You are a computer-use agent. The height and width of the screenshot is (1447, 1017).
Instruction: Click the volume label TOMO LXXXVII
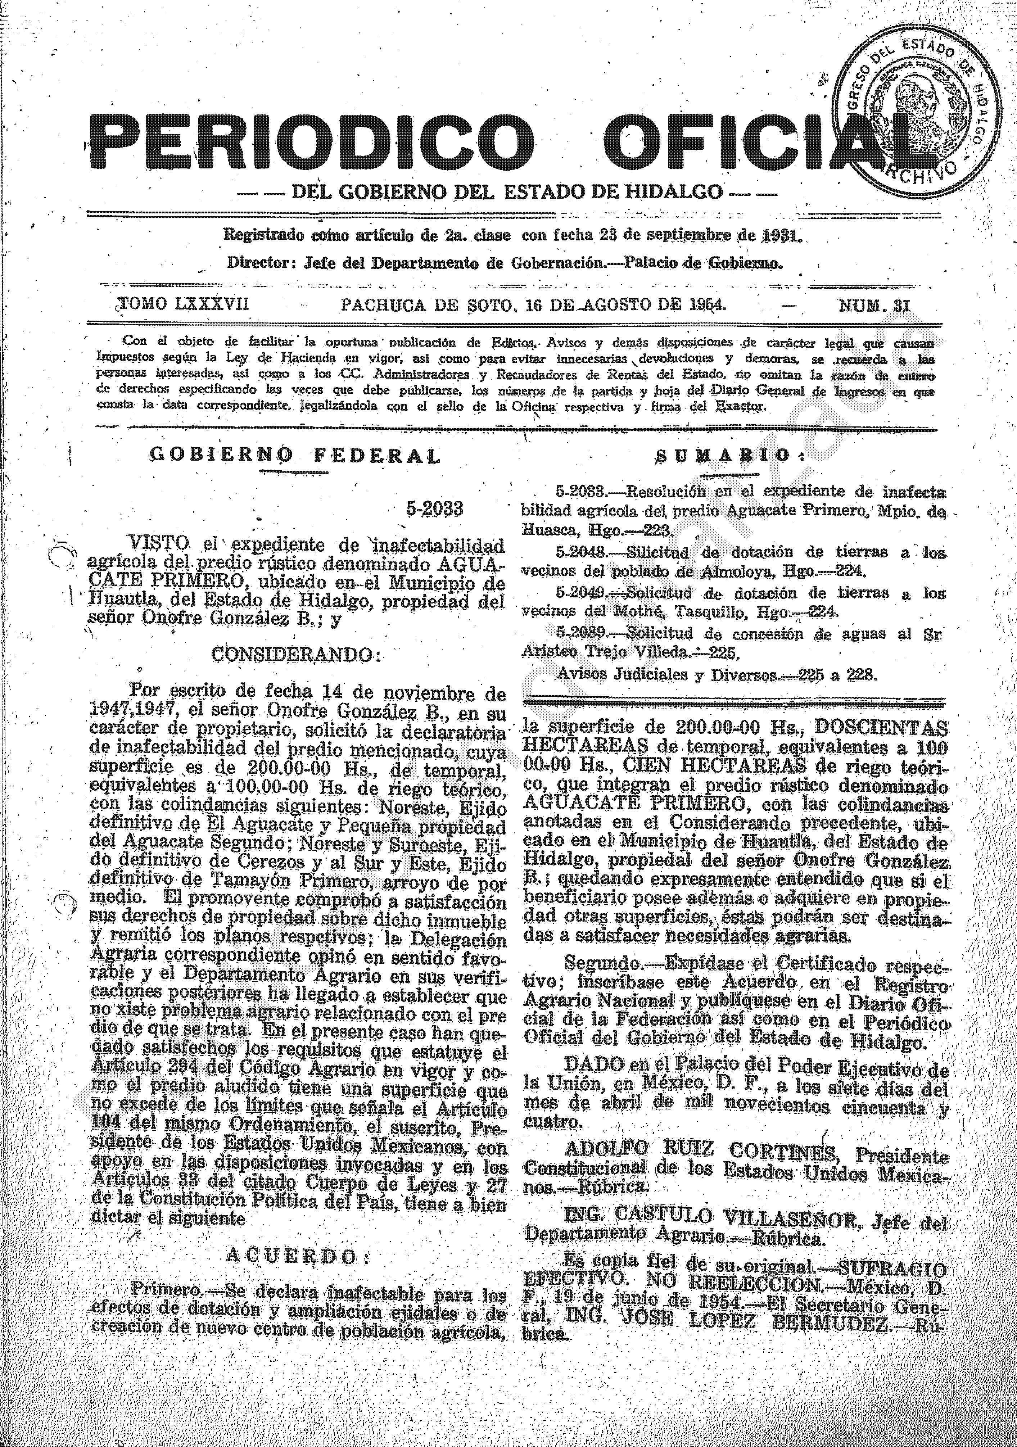[184, 305]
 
